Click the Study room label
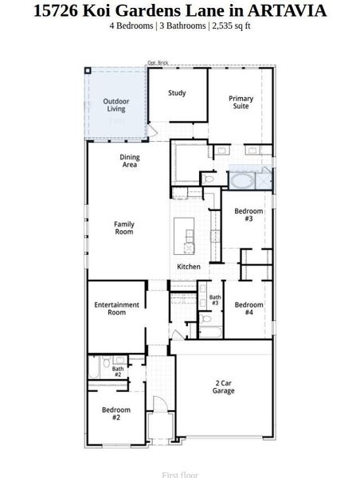tap(177, 93)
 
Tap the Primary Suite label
tap(241, 102)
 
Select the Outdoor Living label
tap(116, 104)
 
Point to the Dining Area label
tap(130, 161)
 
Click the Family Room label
tap(124, 228)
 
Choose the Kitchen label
tap(189, 266)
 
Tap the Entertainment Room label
tap(117, 308)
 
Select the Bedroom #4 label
tap(248, 308)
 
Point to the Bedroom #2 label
tap(116, 413)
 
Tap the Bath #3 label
tap(215, 300)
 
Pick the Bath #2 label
tap(118, 371)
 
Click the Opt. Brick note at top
tap(158, 62)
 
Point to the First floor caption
tap(180, 475)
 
